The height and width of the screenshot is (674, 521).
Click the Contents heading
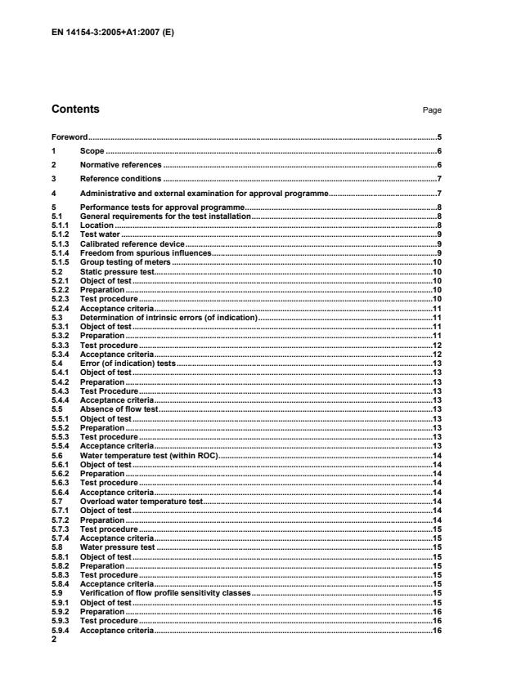pyautogui.click(x=75, y=109)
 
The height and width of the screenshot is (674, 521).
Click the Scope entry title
pyautogui.click(x=92, y=151)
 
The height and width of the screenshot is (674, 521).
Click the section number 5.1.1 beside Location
pyautogui.click(x=60, y=225)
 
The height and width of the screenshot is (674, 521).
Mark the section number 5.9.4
pyautogui.click(x=61, y=632)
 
